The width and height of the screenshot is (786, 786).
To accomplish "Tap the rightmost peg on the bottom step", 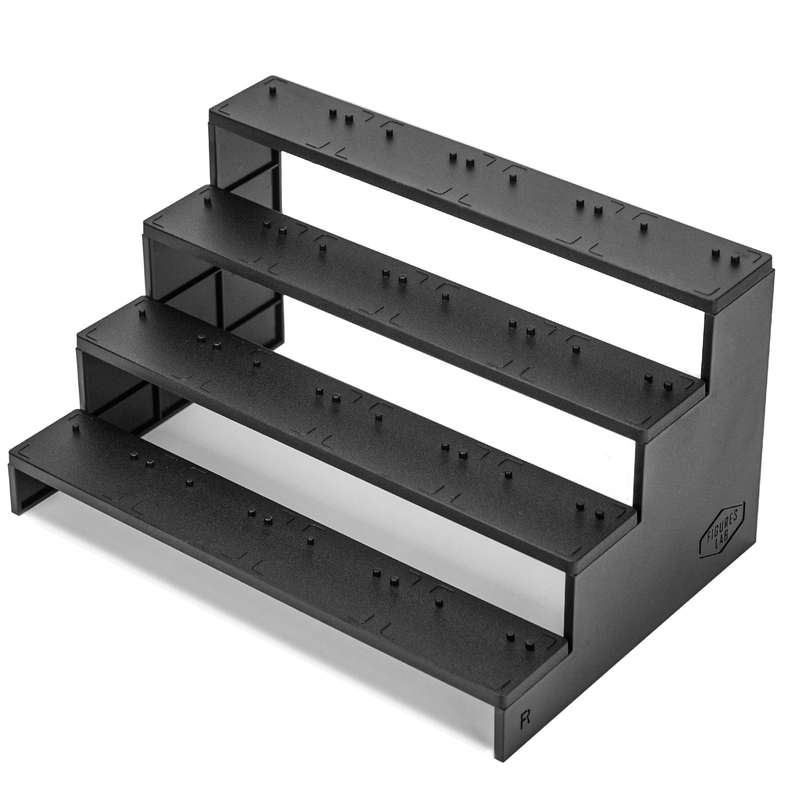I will pos(529,644).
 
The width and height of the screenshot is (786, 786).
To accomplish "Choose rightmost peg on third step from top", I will pos(599,514).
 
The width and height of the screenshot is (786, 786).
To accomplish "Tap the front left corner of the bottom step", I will pos(10,454).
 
